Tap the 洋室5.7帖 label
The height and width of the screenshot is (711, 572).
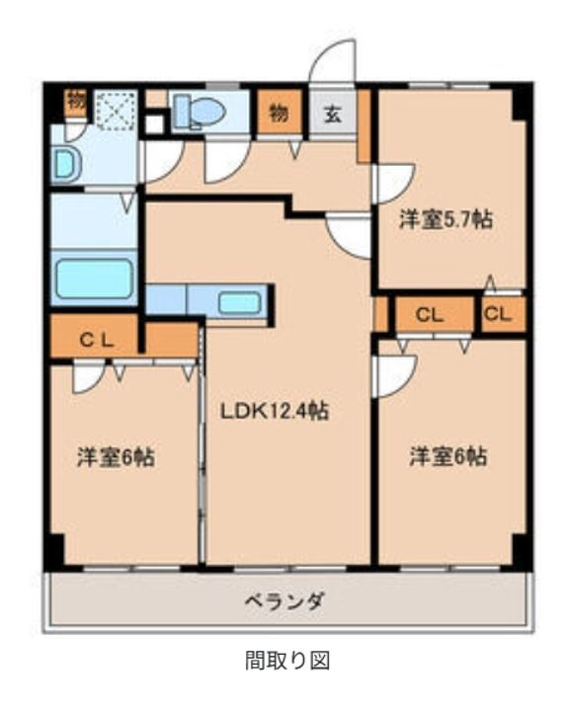445,219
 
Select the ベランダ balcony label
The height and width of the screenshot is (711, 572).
285,600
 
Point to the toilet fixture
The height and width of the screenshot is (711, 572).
197,111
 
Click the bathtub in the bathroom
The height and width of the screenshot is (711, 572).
94,278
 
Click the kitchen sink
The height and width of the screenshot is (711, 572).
239,302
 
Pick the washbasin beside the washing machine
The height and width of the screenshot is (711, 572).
66,165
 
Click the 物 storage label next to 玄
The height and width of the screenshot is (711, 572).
280,113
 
